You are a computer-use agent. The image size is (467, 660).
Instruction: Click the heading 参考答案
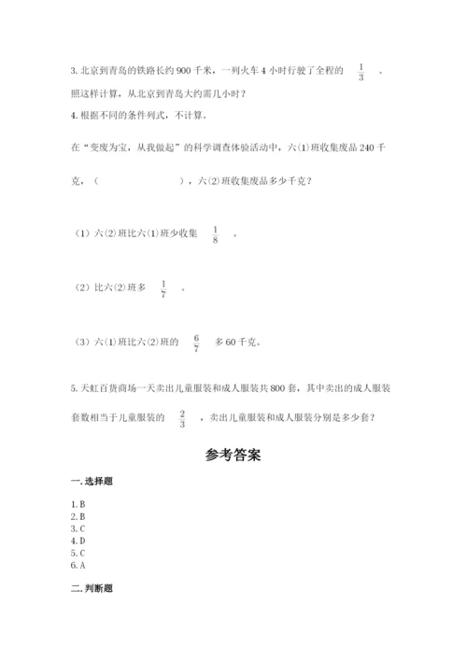233,456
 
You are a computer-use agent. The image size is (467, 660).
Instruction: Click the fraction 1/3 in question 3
361,71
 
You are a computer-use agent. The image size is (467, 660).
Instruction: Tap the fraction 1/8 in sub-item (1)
215,235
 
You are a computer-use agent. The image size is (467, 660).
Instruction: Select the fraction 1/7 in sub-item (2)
163,288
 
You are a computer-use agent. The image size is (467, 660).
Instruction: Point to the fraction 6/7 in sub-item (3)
196,342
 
